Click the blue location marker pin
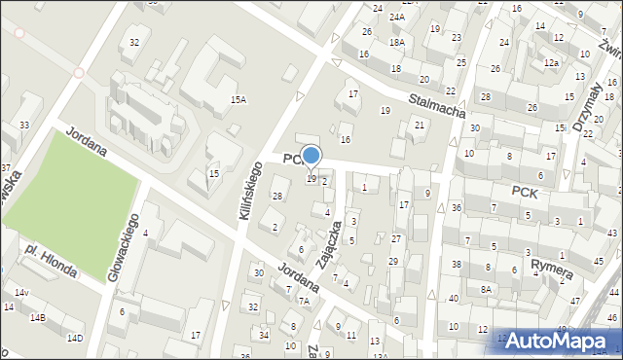point(311,156)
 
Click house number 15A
point(238,100)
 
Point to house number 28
point(277,198)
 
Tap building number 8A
point(486,290)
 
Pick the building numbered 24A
point(397,18)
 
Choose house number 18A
point(396,43)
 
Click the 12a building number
point(552,62)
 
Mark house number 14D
point(74,339)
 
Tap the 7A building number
point(304,302)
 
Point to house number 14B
point(37,318)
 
